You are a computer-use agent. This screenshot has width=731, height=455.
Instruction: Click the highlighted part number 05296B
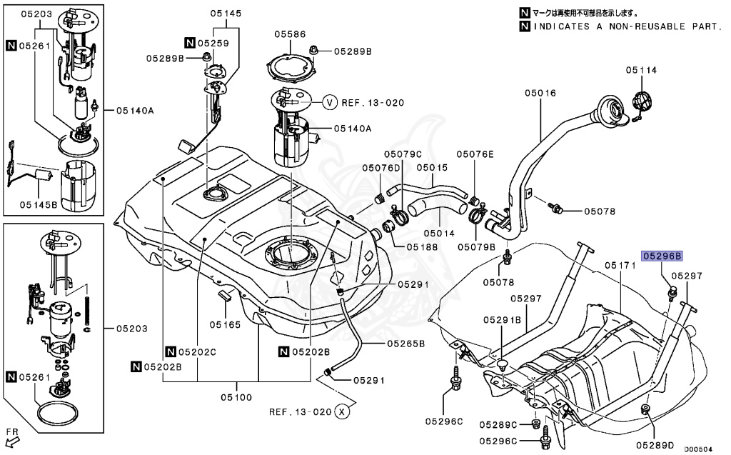[662, 255]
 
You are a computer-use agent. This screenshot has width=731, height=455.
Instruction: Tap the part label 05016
[540, 93]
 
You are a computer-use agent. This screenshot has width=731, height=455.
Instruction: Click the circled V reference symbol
[329, 102]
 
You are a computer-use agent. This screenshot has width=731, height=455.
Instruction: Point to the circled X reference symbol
[343, 411]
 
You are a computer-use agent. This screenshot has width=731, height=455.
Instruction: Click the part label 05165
[225, 324]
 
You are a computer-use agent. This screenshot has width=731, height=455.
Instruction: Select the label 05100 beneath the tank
[236, 396]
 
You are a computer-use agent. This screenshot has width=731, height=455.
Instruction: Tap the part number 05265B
[406, 343]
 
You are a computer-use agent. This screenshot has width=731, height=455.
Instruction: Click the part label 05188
[423, 246]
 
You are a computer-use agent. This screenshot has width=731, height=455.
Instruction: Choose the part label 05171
[620, 265]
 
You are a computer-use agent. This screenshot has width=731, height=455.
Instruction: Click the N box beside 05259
[190, 43]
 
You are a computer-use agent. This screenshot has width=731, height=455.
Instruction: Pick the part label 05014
[439, 233]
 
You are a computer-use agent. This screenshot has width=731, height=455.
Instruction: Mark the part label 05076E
[475, 154]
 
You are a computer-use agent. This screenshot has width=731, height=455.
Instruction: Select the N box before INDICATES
[525, 26]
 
